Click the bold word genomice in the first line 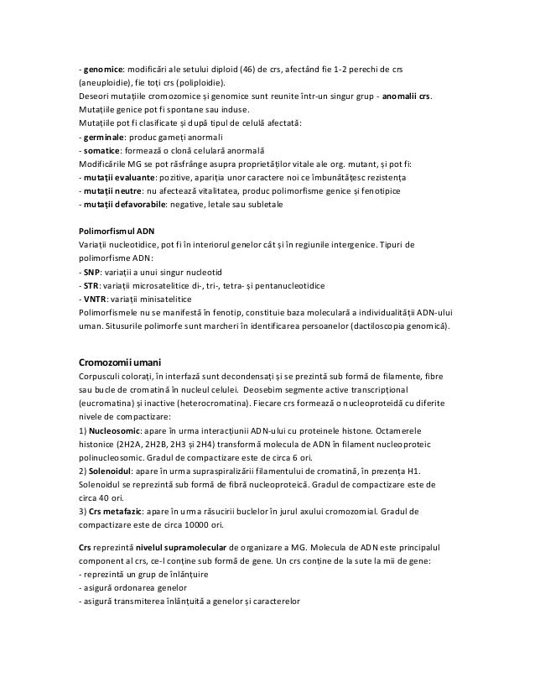click(96, 69)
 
